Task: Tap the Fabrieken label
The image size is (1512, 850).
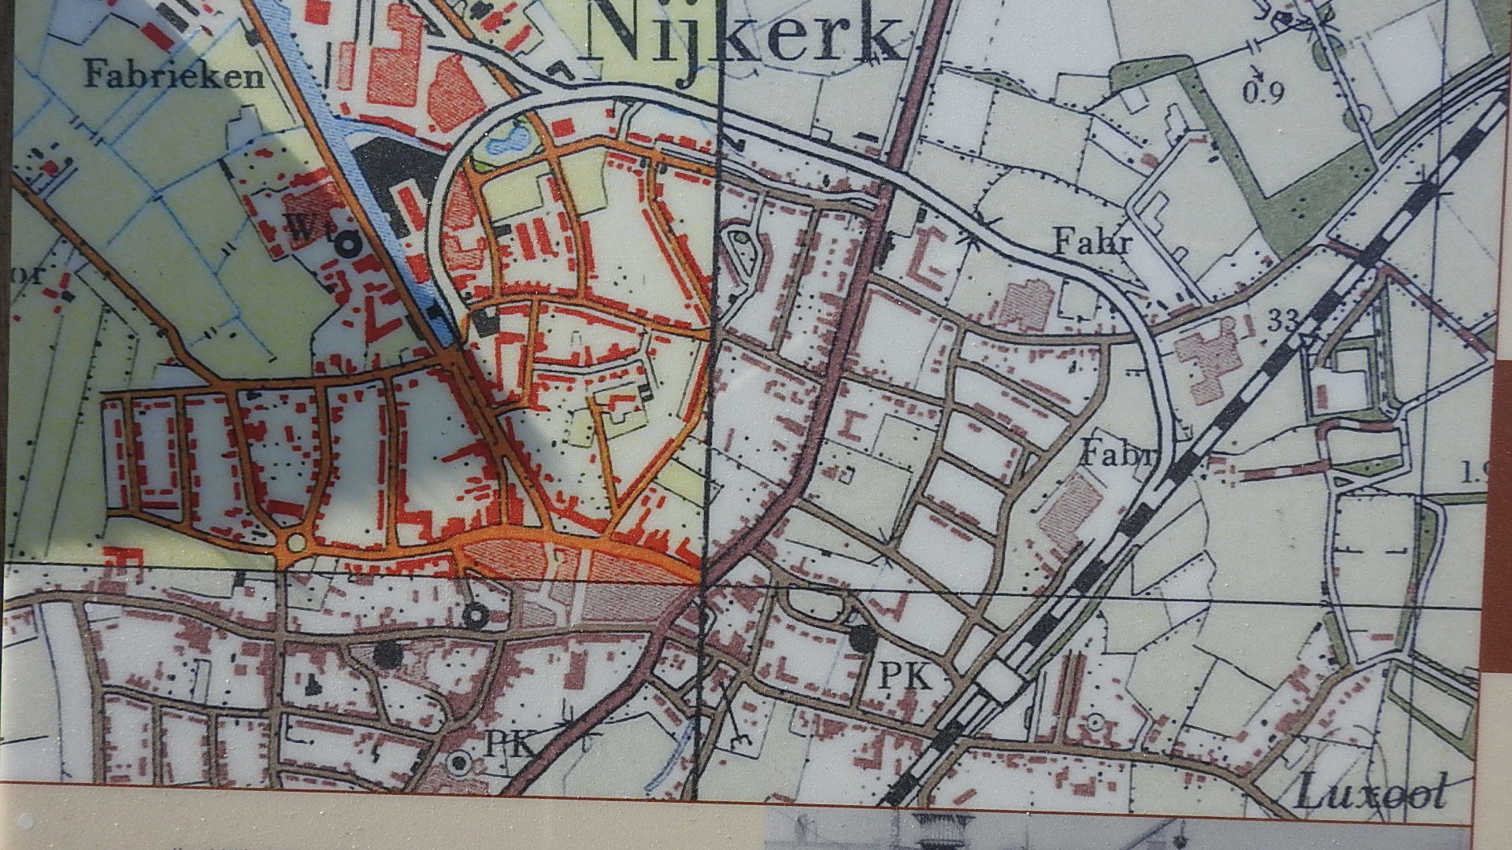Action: [174, 76]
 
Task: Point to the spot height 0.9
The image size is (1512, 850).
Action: [1264, 93]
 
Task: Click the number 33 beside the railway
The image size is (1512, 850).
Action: [1283, 320]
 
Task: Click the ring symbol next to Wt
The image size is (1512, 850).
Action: [346, 245]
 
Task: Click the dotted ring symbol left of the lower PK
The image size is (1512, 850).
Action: [458, 762]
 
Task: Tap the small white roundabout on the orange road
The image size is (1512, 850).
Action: [296, 542]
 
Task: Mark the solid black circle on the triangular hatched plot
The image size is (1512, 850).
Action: [385, 654]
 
